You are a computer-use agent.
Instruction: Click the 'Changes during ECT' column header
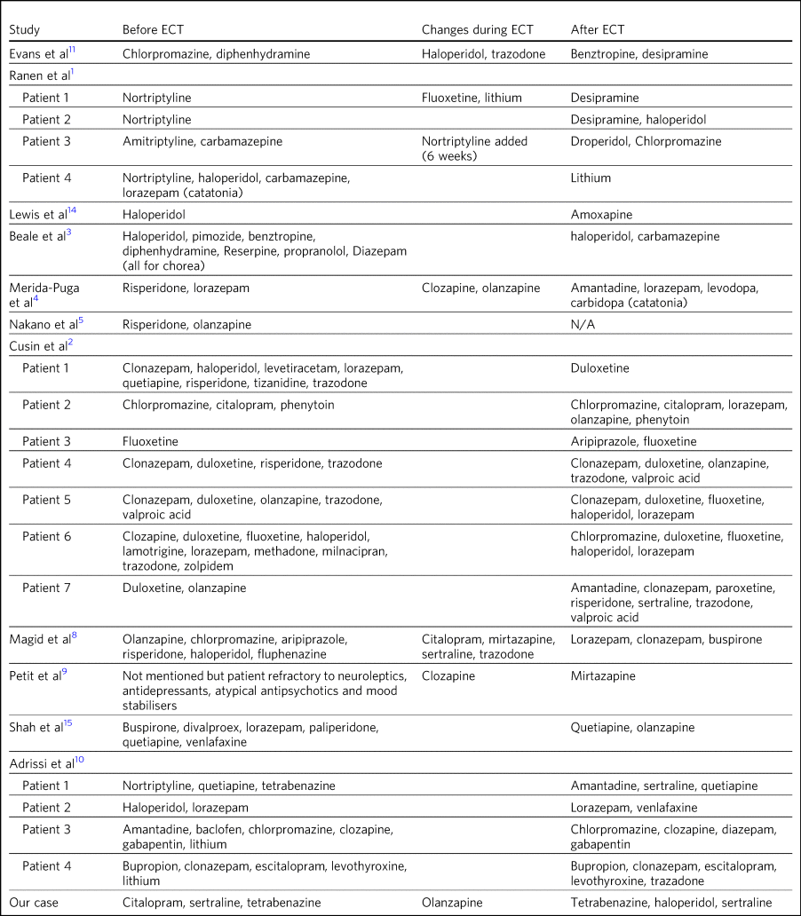pyautogui.click(x=477, y=29)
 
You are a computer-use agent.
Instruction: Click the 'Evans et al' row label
pyautogui.click(x=40, y=54)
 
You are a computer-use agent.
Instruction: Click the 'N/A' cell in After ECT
pyautogui.click(x=583, y=325)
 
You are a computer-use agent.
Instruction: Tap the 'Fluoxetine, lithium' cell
pyautogui.click(x=471, y=98)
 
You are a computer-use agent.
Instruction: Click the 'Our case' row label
pyautogui.click(x=35, y=902)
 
